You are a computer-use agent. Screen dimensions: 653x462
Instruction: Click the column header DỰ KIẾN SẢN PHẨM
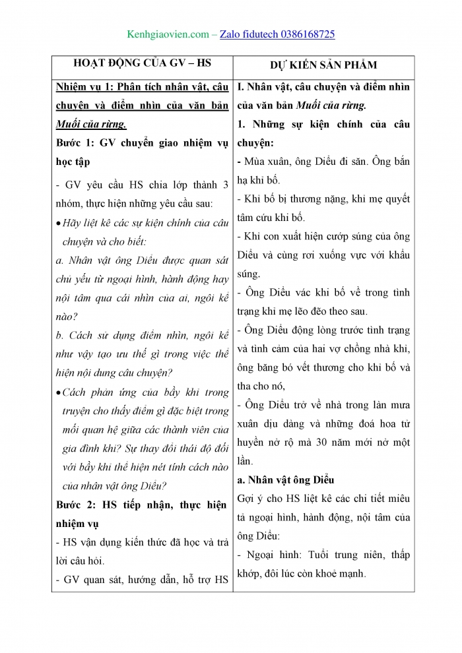coord(323,65)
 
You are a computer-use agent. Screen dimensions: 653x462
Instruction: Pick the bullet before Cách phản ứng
coord(59,392)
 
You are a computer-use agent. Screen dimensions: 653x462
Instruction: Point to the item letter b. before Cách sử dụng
coord(59,335)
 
